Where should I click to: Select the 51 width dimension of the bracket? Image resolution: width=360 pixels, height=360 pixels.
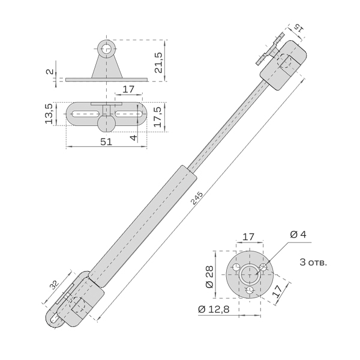pos(106,142)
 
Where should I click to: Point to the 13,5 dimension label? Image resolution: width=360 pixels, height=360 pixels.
pos(50,113)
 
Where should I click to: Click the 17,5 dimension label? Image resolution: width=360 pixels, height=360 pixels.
pos(158,113)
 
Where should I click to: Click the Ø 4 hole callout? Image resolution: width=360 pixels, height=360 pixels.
pos(298,234)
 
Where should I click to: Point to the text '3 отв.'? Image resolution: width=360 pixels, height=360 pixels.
pos(313,263)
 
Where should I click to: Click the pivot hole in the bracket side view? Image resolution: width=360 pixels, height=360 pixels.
pos(107,49)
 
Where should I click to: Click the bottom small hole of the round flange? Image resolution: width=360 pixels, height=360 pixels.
pos(250,291)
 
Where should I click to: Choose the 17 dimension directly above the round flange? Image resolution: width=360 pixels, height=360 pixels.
pos(250,236)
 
